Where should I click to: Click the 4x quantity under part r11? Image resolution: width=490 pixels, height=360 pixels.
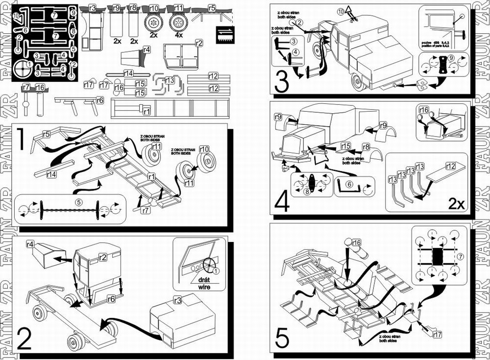click(178, 36)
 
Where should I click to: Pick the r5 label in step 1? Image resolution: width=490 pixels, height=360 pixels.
click(47, 134)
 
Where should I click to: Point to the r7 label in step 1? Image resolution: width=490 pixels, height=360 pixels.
click(145, 210)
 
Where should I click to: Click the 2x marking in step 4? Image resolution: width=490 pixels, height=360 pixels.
click(457, 205)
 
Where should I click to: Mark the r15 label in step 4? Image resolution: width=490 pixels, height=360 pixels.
click(346, 146)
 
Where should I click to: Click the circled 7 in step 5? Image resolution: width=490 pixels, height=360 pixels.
click(459, 257)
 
